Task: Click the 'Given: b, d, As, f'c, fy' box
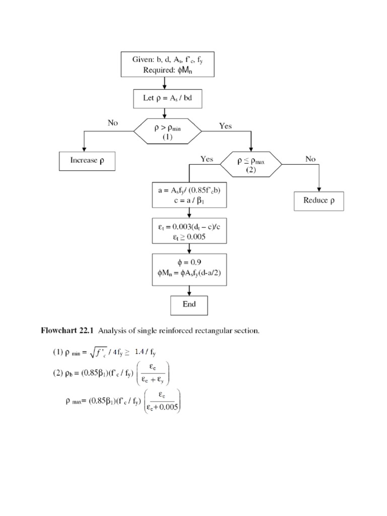[167, 64]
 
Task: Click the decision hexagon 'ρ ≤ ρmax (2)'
[251, 164]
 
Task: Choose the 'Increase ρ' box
[87, 161]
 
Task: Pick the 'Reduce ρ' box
[319, 201]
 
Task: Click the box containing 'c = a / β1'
[188, 194]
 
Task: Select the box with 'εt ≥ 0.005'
[188, 231]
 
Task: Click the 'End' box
[188, 304]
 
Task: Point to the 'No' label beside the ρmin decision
[113, 123]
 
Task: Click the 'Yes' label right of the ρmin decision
[225, 126]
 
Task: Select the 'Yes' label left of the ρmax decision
[207, 159]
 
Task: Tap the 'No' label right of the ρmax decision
[310, 159]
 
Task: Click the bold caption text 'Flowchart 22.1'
[68, 331]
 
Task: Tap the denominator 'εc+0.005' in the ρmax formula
[161, 408]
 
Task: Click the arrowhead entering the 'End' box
[188, 293]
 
